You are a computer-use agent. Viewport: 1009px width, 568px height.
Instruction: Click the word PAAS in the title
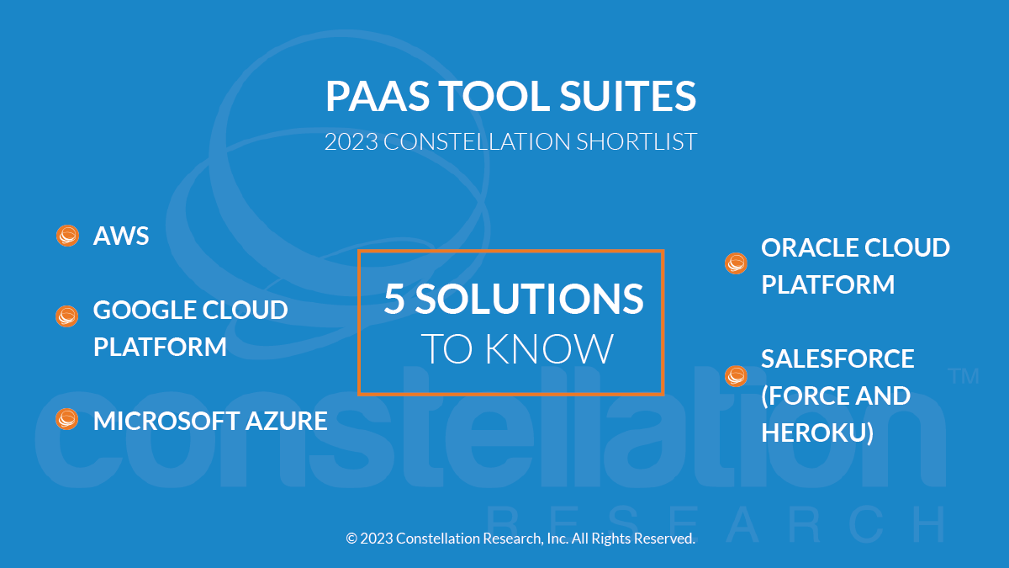[x=378, y=96]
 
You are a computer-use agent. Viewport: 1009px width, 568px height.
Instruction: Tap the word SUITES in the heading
[x=627, y=96]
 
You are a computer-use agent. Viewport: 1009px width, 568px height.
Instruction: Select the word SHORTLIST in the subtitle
[x=637, y=141]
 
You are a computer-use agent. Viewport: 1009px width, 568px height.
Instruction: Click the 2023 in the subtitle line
[x=351, y=141]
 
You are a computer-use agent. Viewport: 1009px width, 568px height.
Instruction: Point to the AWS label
[x=121, y=236]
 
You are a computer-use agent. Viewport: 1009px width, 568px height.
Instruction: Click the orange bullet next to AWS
[x=67, y=236]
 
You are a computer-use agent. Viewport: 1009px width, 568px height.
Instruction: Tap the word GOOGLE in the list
[x=144, y=310]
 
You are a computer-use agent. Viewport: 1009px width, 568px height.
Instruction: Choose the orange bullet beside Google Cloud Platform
[x=66, y=316]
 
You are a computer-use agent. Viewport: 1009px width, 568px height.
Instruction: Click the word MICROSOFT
[x=166, y=421]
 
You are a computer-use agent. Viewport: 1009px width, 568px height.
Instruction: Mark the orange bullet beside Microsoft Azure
[x=66, y=419]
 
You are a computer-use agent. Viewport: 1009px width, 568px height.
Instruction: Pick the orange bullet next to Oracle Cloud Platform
[x=736, y=263]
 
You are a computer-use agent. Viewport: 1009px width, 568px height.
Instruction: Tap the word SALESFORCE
[x=837, y=358]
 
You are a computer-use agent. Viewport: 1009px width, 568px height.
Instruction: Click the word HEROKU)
[x=817, y=433]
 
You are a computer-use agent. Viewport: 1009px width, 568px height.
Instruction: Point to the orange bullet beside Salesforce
[x=736, y=376]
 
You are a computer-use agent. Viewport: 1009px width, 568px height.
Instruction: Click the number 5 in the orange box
[x=394, y=299]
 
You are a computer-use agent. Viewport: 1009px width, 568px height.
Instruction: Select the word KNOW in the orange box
[x=550, y=348]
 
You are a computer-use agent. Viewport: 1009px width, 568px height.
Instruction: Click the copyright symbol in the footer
[x=351, y=539]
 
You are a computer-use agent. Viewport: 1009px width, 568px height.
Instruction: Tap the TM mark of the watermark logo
[x=964, y=376]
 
